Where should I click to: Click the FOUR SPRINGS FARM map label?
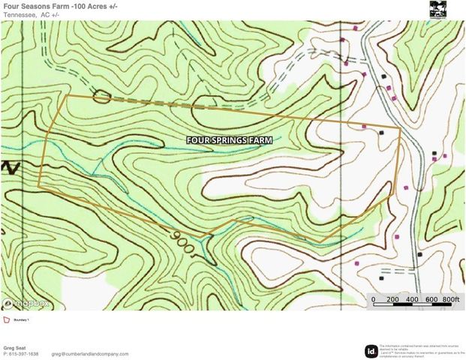229,139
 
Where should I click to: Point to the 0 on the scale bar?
374,300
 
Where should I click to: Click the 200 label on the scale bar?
392,300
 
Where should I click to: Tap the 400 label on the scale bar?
412,300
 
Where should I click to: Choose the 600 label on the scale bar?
431,300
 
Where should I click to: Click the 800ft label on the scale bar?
449,300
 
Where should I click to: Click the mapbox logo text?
30,303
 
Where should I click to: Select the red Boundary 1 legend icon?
7,319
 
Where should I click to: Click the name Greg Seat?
17,347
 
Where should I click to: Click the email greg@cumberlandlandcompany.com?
90,354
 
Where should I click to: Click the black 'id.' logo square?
371,350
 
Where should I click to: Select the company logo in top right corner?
437,9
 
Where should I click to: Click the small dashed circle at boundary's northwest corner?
101,96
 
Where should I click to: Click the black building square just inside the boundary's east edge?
382,132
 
